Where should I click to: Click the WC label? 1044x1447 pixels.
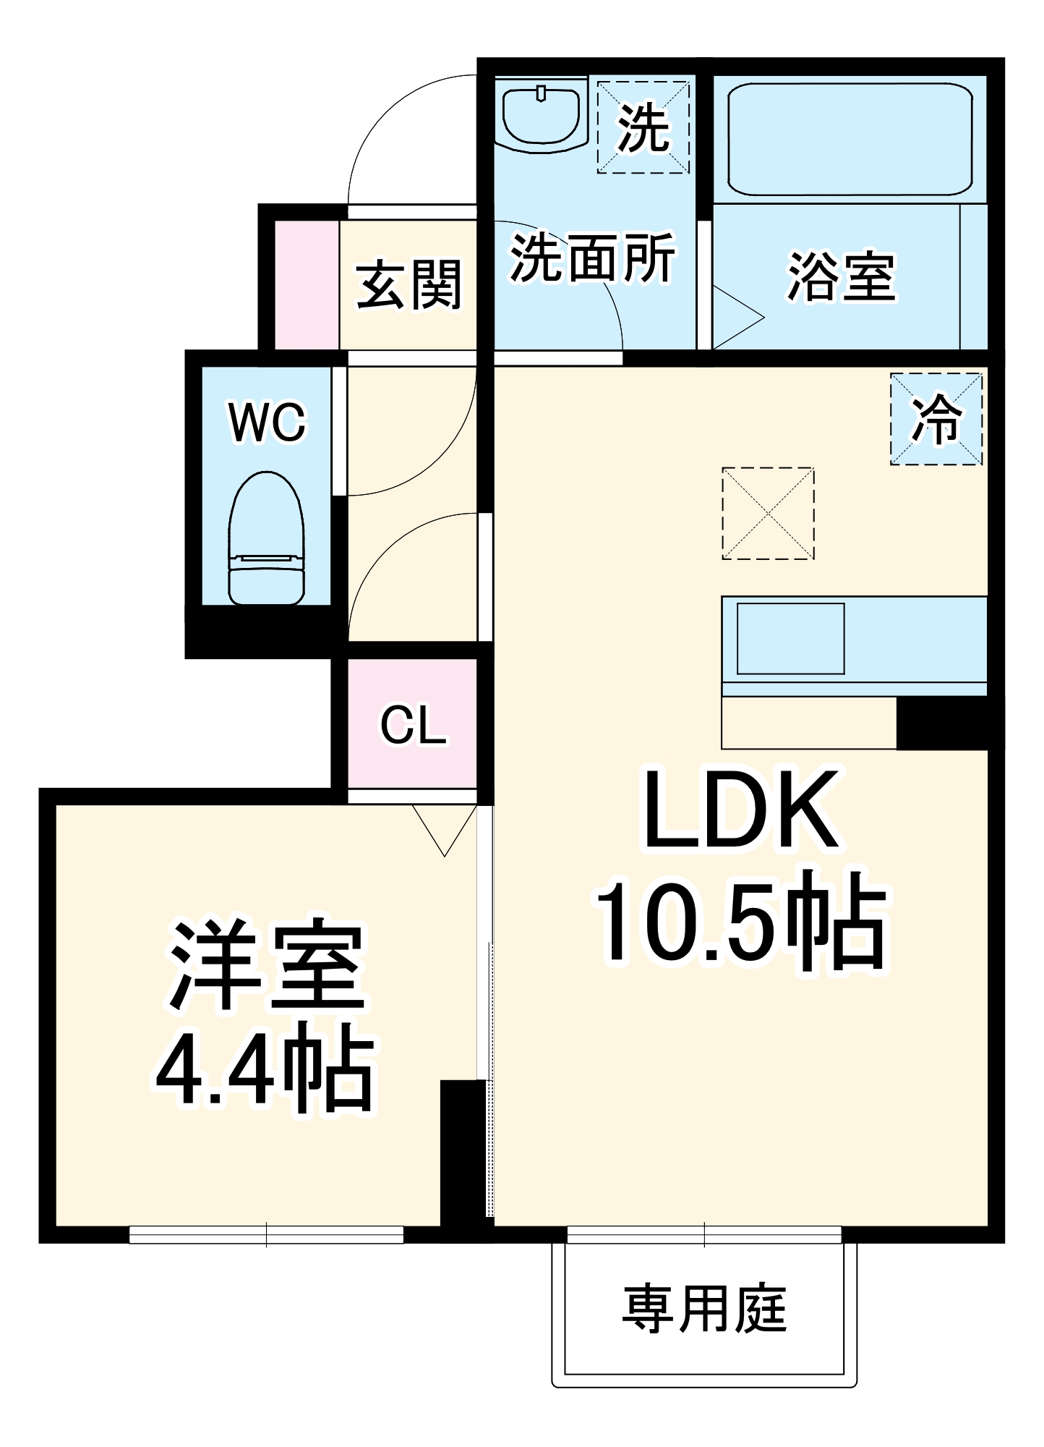[268, 422]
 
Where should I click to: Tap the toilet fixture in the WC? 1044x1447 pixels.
[266, 539]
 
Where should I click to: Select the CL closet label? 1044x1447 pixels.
[413, 725]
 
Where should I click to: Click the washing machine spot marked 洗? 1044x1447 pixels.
[643, 127]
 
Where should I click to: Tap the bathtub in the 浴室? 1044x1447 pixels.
[849, 139]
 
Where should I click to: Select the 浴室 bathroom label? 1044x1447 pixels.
[842, 277]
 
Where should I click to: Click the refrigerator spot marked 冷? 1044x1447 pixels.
[936, 419]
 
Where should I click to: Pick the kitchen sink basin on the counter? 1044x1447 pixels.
[790, 639]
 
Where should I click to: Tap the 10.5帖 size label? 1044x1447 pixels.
[740, 922]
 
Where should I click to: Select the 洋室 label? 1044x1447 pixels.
[266, 965]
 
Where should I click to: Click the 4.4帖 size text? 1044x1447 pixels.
[265, 1068]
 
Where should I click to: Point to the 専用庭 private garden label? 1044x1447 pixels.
[703, 1309]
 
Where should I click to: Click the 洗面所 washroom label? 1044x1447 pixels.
[592, 258]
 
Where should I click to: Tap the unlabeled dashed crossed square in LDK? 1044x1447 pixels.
[768, 513]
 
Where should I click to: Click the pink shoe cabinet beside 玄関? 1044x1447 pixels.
[307, 285]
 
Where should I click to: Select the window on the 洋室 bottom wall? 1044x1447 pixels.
[266, 1234]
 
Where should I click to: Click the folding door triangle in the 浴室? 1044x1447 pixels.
[735, 318]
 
